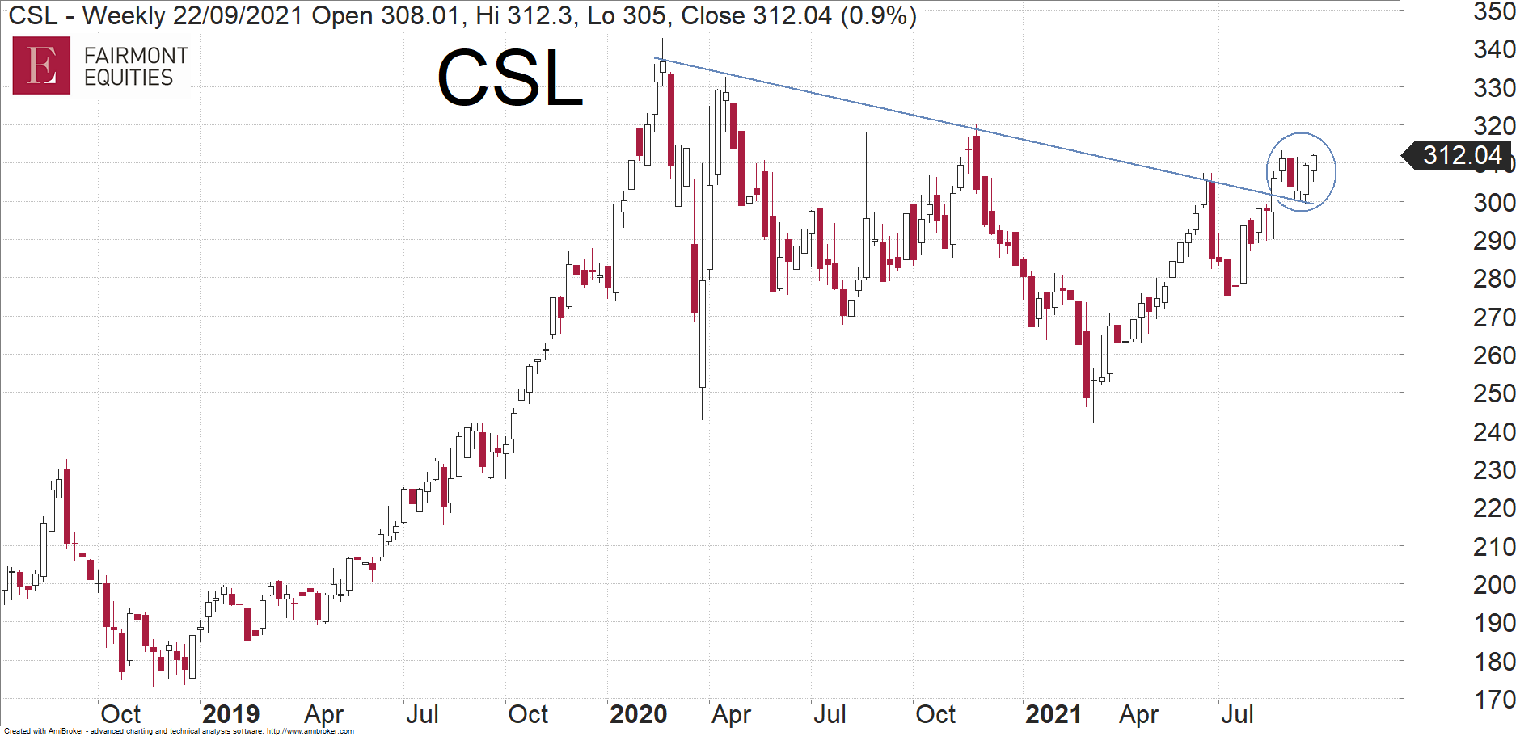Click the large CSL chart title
(510, 78)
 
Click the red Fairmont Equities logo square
(41, 65)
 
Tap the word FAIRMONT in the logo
(136, 55)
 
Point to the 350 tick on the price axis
(1494, 12)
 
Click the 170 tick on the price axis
(1494, 699)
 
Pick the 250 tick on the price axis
(1494, 393)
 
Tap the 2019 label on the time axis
(230, 714)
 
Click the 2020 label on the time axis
(638, 714)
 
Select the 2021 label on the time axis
(1053, 714)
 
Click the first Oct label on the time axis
(120, 714)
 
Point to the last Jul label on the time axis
(1237, 714)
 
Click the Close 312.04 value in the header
(756, 15)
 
